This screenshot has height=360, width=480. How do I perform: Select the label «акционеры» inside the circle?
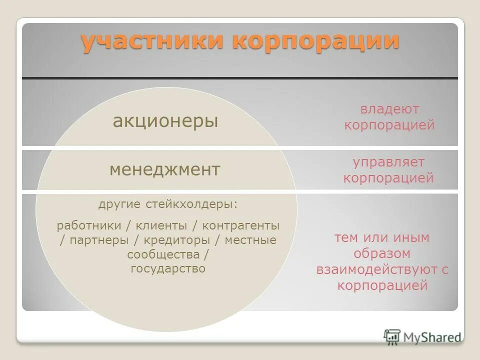point(165,121)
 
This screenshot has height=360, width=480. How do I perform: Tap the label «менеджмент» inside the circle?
point(164,170)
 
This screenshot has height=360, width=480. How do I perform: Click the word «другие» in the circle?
point(119,204)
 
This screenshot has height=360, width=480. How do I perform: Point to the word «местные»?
point(250,240)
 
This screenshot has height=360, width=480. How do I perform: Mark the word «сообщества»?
point(163,254)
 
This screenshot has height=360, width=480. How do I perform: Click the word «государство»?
point(168,268)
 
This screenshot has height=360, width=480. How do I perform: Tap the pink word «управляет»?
point(388,162)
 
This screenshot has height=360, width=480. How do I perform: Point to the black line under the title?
point(239,78)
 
